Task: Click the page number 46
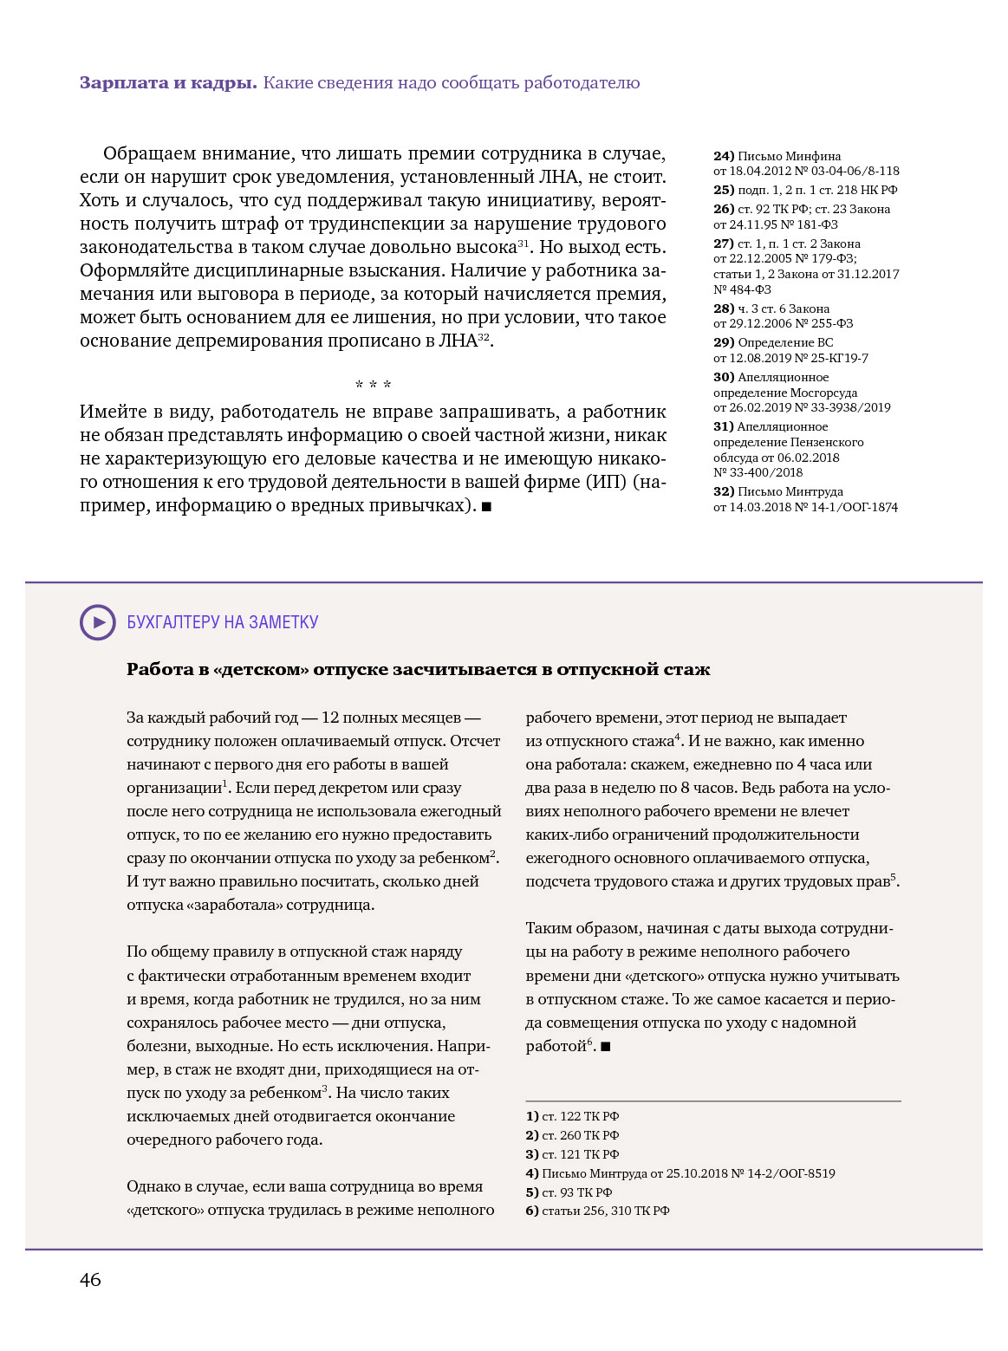pyautogui.click(x=90, y=1280)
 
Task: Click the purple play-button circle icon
pyautogui.click(x=98, y=622)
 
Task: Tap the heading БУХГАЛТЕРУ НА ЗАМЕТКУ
pyautogui.click(x=223, y=622)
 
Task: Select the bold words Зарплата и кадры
pyautogui.click(x=168, y=83)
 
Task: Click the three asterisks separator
pyautogui.click(x=374, y=385)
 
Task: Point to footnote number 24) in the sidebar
pyautogui.click(x=724, y=157)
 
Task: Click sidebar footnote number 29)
pyautogui.click(x=724, y=343)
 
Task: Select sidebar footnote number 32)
pyautogui.click(x=724, y=492)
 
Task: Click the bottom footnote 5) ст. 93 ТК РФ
pyautogui.click(x=569, y=1192)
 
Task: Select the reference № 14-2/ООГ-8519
pyautogui.click(x=784, y=1173)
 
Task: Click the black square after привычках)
pyautogui.click(x=486, y=507)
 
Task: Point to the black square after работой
pyautogui.click(x=606, y=1047)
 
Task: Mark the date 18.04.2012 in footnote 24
pyautogui.click(x=762, y=172)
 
